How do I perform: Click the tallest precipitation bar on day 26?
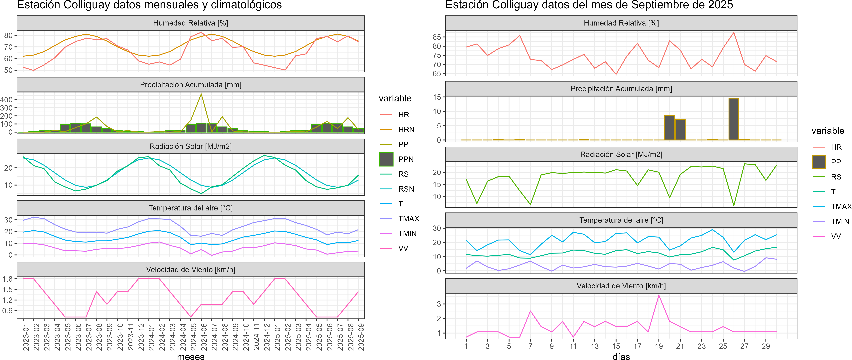734,119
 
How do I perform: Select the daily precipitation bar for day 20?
669,128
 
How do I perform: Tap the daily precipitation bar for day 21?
680,130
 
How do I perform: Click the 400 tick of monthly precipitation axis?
7,100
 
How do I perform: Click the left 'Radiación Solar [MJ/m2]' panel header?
191,146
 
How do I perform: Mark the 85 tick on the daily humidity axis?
437,37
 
